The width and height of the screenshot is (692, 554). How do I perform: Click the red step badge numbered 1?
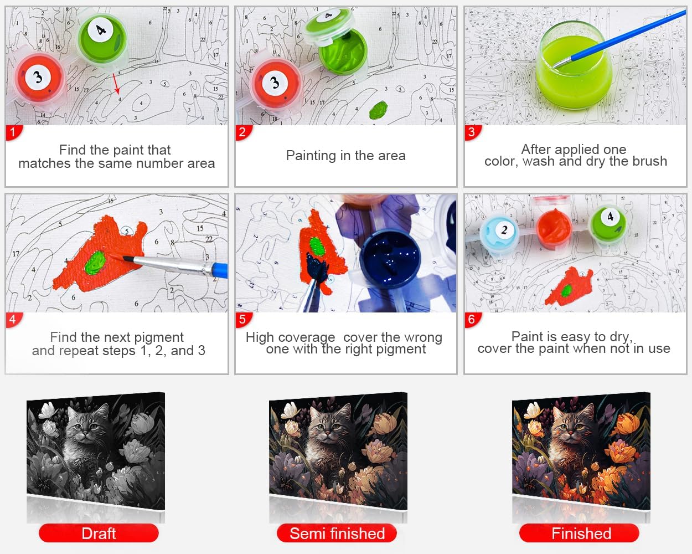(13, 132)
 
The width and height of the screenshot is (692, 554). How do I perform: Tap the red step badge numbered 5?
(243, 320)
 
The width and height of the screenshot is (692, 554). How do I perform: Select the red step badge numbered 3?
(472, 132)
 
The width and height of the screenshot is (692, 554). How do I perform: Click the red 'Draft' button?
(99, 534)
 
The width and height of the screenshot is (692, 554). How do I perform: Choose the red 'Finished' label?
(579, 534)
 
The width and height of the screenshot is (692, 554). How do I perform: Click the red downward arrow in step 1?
(116, 84)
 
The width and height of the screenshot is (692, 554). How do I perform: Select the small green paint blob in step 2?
(378, 110)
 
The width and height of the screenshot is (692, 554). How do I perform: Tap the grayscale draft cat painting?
(96, 451)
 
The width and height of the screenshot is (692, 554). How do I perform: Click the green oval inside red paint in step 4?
(95, 263)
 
